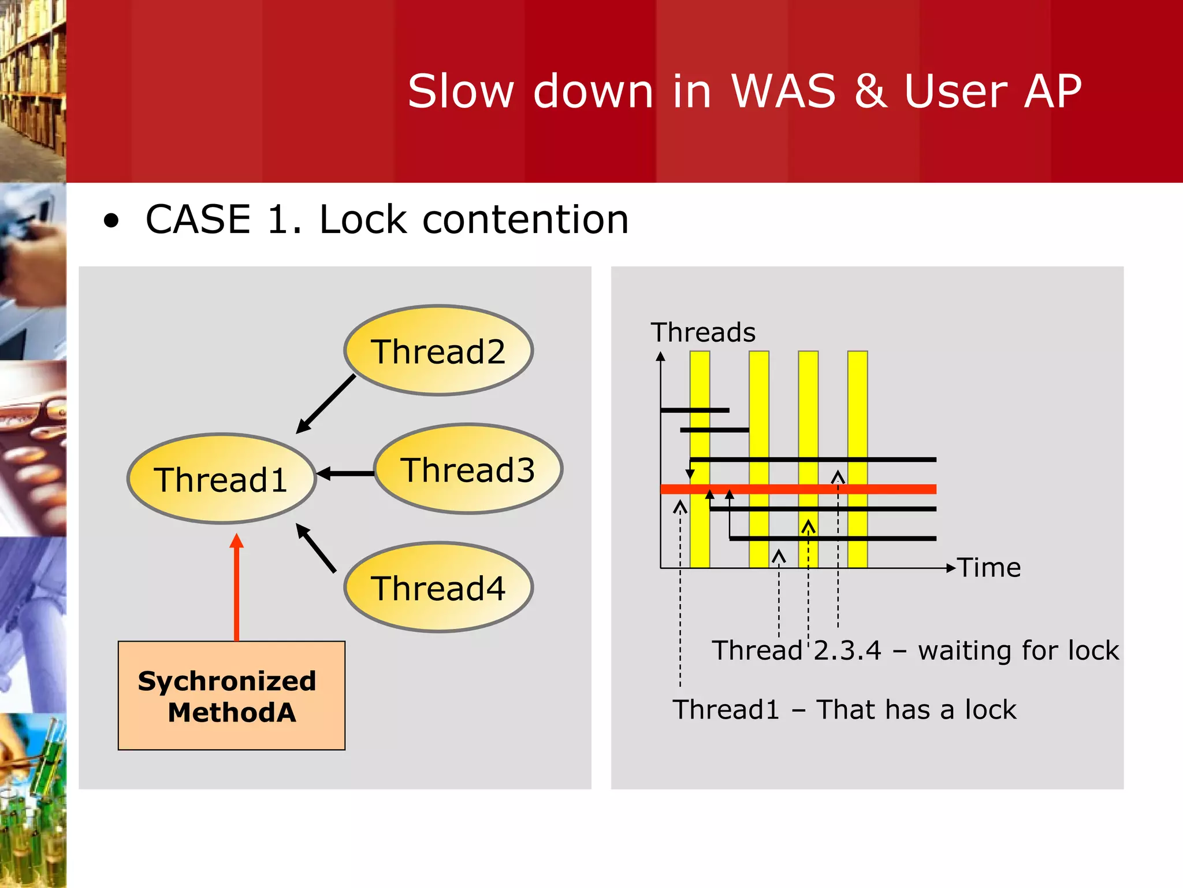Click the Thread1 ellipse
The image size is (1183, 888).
(x=221, y=479)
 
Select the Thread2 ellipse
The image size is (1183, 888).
(x=438, y=350)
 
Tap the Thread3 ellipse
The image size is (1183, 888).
(x=468, y=469)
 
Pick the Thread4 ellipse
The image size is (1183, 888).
(x=438, y=587)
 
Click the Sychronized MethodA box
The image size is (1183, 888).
(x=231, y=695)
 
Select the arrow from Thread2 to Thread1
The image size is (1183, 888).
(x=325, y=404)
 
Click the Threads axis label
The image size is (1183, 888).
(x=703, y=332)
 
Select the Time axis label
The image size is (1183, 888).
(x=989, y=568)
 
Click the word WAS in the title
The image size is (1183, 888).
(x=783, y=91)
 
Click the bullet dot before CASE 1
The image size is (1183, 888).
(x=111, y=221)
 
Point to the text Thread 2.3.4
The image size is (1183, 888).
(x=797, y=650)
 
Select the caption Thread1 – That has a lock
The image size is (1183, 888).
(x=844, y=709)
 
